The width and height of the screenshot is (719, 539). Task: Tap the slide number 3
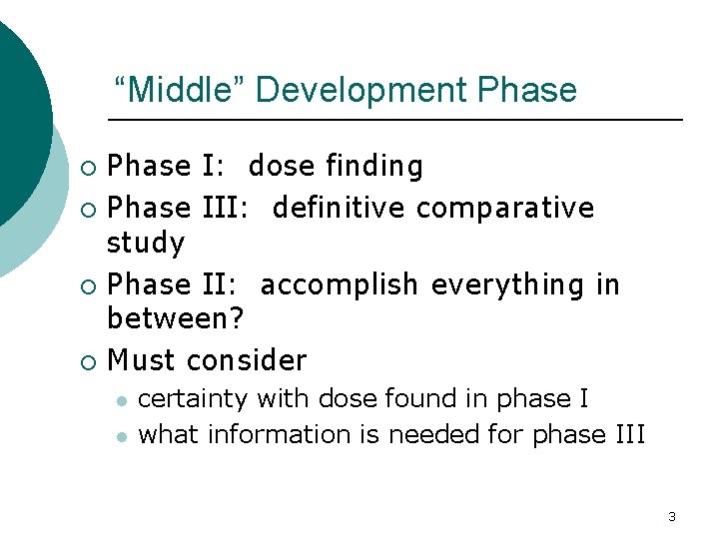(x=671, y=516)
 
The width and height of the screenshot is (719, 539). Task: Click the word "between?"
(x=177, y=320)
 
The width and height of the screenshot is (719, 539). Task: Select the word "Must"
(x=143, y=359)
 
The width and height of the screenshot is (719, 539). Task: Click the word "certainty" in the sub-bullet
(x=193, y=399)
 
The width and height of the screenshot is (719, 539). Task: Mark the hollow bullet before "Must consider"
(x=89, y=360)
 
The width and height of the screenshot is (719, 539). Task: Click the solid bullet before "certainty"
(x=120, y=400)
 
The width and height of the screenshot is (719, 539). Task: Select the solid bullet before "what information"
(x=120, y=436)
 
